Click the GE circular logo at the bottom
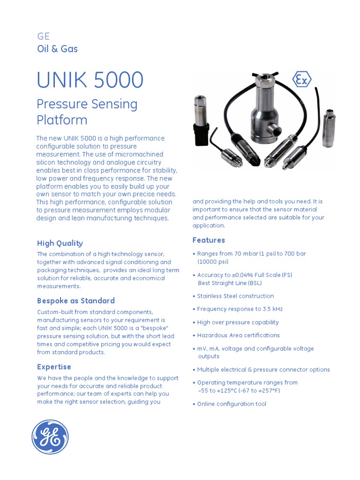click(49, 437)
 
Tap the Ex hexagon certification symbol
click(302, 80)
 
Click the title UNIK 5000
click(90, 80)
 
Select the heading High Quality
click(60, 243)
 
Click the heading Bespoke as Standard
click(76, 300)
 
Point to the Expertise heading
click(54, 367)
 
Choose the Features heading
click(209, 240)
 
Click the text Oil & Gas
click(57, 49)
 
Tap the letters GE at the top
click(43, 37)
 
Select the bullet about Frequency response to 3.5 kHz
click(240, 309)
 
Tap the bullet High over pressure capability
click(238, 322)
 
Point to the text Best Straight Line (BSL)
click(230, 283)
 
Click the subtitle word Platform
click(62, 120)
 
